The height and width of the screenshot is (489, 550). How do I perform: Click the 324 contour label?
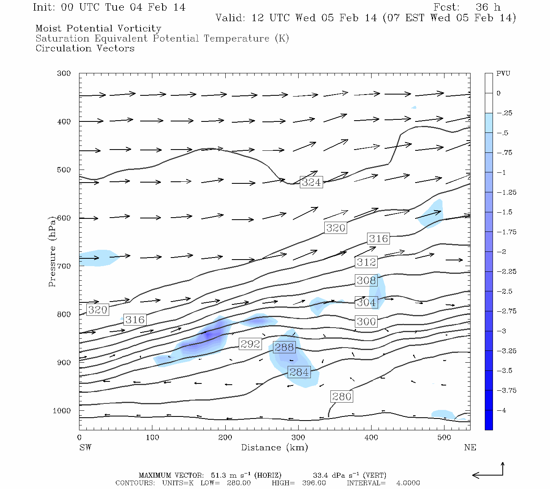[x=311, y=182]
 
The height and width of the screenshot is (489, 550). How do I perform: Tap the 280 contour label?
[x=341, y=396]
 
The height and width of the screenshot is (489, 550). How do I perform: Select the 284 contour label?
[x=299, y=372]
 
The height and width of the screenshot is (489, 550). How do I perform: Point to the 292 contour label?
[x=250, y=344]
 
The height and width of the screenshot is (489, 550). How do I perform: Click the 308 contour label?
[x=366, y=280]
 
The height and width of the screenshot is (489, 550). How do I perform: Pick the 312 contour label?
[x=366, y=262]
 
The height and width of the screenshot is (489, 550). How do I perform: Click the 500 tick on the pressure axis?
[x=64, y=170]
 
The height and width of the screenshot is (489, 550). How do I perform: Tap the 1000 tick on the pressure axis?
[x=62, y=411]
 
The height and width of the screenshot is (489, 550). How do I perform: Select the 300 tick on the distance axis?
[x=298, y=438]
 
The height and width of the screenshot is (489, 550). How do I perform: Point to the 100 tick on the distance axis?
[x=152, y=438]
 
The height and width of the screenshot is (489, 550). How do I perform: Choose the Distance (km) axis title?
[x=274, y=447]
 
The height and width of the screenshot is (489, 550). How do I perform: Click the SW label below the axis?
[x=85, y=447]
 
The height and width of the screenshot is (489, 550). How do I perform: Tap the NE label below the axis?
[x=470, y=447]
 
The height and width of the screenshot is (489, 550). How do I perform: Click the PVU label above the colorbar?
[x=503, y=74]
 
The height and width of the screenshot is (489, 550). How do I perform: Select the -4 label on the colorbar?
[x=502, y=410]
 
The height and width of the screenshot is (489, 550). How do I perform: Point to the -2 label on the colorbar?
[x=502, y=252]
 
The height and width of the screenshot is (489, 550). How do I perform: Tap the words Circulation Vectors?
[x=85, y=48]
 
